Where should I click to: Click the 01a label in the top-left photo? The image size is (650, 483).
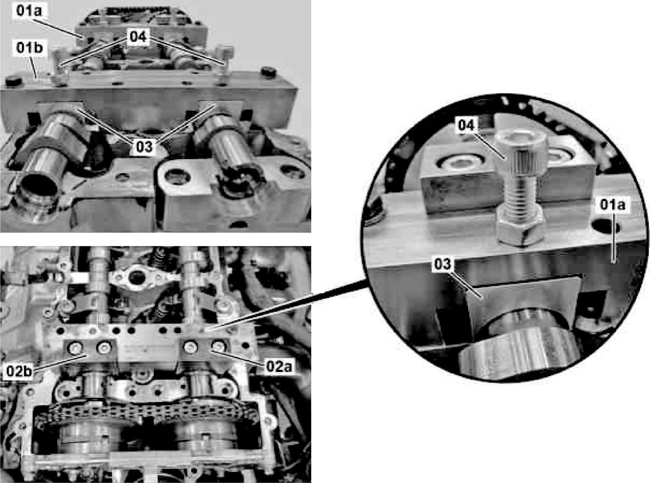tap(29, 11)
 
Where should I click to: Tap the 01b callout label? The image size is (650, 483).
tap(29, 47)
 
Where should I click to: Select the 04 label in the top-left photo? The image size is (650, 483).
tap(138, 37)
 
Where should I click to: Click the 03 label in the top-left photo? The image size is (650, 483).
tap(144, 146)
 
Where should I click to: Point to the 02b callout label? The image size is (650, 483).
tap(19, 371)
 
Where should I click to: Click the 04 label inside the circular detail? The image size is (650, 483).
tap(466, 125)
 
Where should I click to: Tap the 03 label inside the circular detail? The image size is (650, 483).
tap(442, 264)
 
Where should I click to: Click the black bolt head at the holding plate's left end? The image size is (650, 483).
tap(14, 81)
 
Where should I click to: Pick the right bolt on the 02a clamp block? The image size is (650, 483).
tap(218, 347)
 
